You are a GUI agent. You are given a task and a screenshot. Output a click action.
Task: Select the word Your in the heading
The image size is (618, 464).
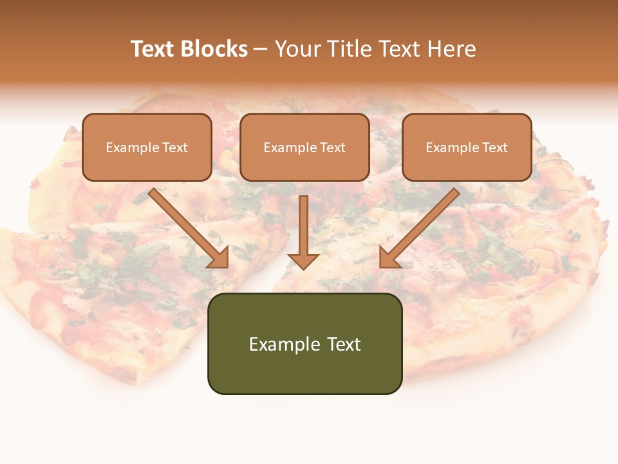[297, 49]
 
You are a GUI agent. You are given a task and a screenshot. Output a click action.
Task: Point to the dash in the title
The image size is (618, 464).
[261, 50]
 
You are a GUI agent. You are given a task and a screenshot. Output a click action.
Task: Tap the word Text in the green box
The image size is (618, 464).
[343, 344]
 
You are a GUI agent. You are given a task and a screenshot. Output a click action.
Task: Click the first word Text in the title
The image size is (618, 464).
[153, 49]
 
